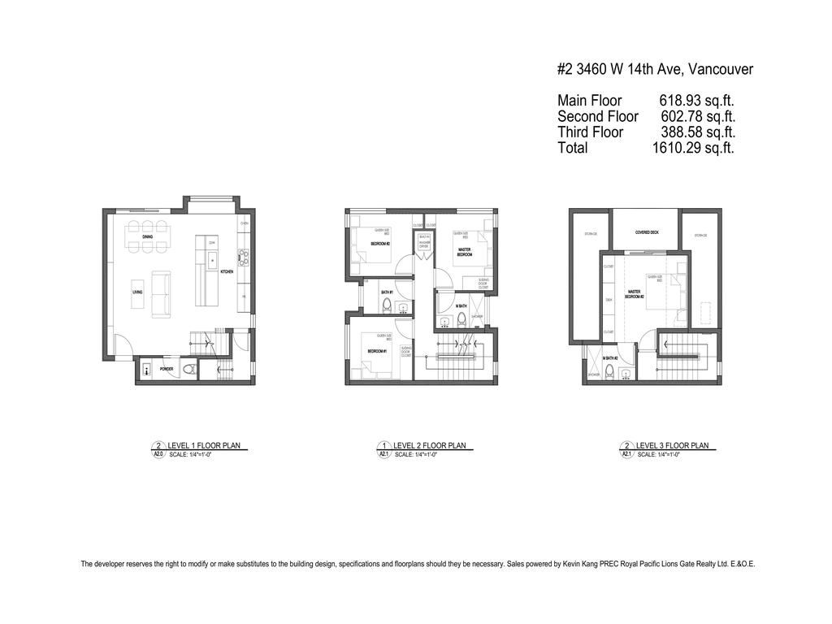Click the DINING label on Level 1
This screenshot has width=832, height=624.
pyautogui.click(x=147, y=236)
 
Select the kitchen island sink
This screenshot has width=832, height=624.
pyautogui.click(x=211, y=260)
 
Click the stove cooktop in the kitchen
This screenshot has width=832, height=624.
pyautogui.click(x=243, y=260)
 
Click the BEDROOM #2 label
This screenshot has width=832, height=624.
pyautogui.click(x=381, y=244)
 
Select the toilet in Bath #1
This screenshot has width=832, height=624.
pyautogui.click(x=388, y=306)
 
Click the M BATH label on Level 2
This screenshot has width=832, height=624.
pyautogui.click(x=460, y=305)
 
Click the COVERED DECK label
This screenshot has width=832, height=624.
pyautogui.click(x=647, y=232)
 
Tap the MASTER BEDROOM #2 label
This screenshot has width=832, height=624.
pyautogui.click(x=634, y=293)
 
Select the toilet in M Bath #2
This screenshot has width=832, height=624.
pyautogui.click(x=625, y=374)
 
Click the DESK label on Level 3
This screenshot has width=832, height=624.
pyautogui.click(x=609, y=299)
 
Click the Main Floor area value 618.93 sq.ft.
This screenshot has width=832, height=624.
pyautogui.click(x=696, y=101)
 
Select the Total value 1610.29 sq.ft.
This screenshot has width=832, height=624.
pyautogui.click(x=693, y=148)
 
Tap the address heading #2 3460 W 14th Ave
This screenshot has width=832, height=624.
pyautogui.click(x=655, y=69)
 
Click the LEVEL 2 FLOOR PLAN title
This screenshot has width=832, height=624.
pyautogui.click(x=430, y=445)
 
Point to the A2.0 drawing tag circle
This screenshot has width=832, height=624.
pyautogui.click(x=158, y=449)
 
